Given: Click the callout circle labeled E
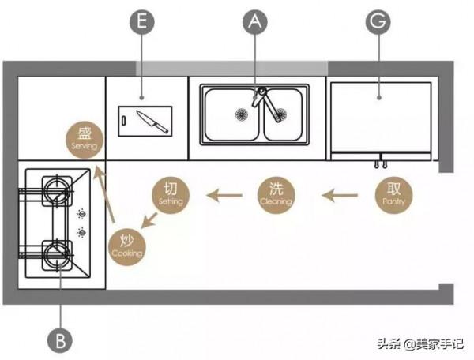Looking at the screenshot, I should [142, 23].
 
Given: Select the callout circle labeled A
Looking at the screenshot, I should [254, 23].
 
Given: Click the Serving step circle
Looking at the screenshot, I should [85, 137].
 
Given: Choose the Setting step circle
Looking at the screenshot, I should [171, 193].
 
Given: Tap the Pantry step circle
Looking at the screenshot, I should [393, 193].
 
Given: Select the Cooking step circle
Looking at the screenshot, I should [127, 245].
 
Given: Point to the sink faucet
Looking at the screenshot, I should [265, 102].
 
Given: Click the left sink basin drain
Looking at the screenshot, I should [236, 112].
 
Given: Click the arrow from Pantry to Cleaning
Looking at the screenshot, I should [339, 193].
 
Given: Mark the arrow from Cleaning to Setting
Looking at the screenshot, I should [225, 193].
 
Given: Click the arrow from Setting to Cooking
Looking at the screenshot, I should [149, 219].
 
